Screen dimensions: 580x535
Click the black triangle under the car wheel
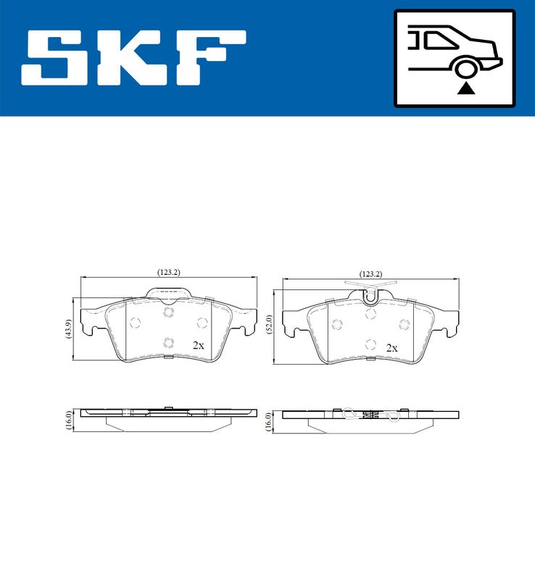point(466,88)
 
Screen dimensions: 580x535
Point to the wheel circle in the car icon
point(465,68)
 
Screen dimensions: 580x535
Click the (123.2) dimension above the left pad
point(168,272)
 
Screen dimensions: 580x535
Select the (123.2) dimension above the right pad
point(370,274)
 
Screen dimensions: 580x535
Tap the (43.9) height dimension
point(68,330)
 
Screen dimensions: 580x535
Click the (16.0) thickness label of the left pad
point(68,420)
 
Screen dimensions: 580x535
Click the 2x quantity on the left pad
point(198,346)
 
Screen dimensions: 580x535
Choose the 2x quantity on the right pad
point(391,348)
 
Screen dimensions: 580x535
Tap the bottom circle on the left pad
point(168,343)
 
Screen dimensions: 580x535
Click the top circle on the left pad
point(168,312)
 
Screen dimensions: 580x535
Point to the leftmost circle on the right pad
point(336,324)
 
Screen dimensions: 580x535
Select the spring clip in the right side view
point(370,415)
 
